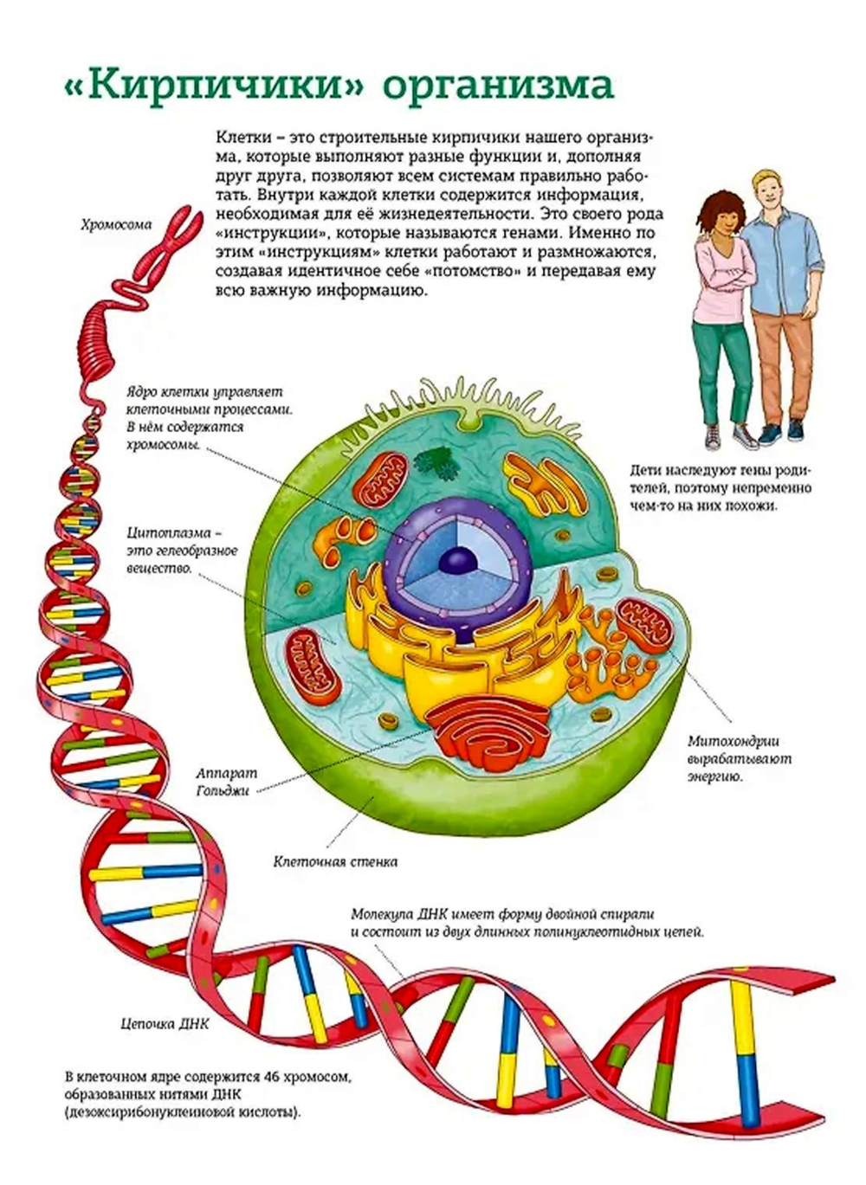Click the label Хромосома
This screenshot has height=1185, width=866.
point(116,225)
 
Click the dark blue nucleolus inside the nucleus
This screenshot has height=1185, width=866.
point(457,561)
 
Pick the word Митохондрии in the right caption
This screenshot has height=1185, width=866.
point(734,741)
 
